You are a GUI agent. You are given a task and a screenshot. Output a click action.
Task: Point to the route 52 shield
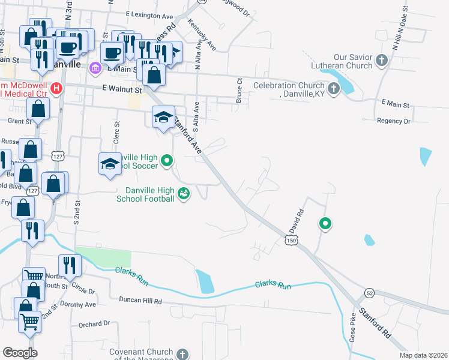click(369, 292)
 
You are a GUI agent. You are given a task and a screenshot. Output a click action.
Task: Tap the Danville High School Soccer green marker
click(167, 161)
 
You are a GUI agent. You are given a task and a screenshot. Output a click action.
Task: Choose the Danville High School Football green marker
click(184, 193)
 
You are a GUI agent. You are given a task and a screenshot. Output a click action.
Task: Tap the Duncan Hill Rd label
click(140, 300)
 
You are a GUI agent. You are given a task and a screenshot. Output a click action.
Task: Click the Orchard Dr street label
click(94, 323)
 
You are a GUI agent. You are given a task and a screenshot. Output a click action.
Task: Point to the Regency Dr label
click(393, 121)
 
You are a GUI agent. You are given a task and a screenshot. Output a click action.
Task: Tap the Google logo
click(20, 352)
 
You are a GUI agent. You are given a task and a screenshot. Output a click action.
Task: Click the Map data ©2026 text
click(423, 355)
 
